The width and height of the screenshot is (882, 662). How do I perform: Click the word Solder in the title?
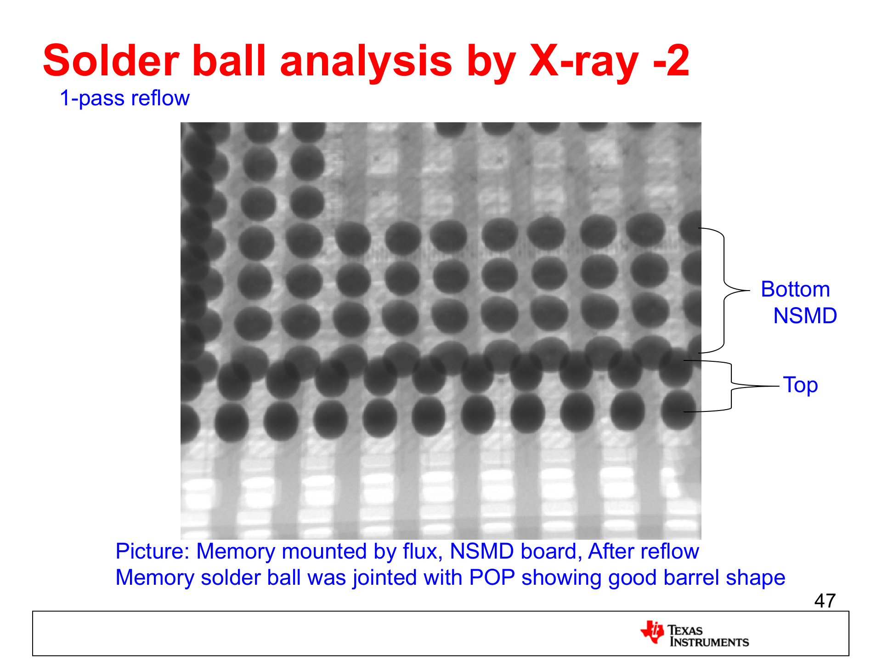(111, 61)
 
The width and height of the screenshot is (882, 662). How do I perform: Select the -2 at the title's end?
(671, 61)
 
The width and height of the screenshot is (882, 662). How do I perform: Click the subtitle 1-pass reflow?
(124, 98)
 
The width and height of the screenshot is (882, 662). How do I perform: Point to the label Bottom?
(795, 289)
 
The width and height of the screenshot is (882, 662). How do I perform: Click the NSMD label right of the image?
(805, 316)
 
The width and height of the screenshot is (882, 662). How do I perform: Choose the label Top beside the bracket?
(800, 385)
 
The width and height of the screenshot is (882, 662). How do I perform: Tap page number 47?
(825, 601)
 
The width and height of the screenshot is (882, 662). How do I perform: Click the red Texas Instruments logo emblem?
(652, 632)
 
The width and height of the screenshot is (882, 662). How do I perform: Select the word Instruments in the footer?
(709, 642)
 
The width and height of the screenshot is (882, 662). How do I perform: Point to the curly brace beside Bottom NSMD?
(724, 291)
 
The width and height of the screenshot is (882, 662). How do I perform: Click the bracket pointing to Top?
(731, 386)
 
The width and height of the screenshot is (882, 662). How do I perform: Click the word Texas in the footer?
(685, 630)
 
